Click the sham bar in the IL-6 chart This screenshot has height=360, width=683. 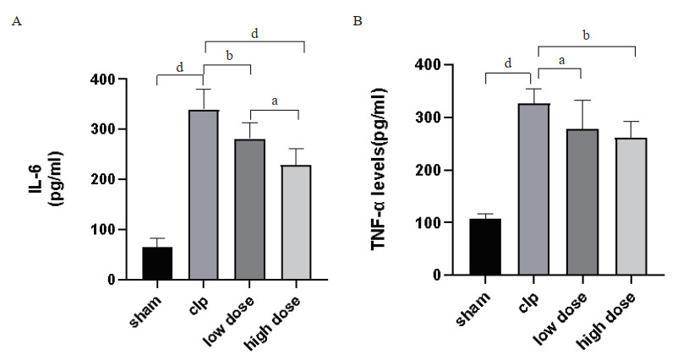(x=157, y=263)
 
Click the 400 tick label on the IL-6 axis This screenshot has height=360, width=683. (x=107, y=79)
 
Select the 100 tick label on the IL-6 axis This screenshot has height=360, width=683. (x=107, y=230)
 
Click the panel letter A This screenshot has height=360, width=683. (x=14, y=20)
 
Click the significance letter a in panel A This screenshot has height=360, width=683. (x=274, y=101)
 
